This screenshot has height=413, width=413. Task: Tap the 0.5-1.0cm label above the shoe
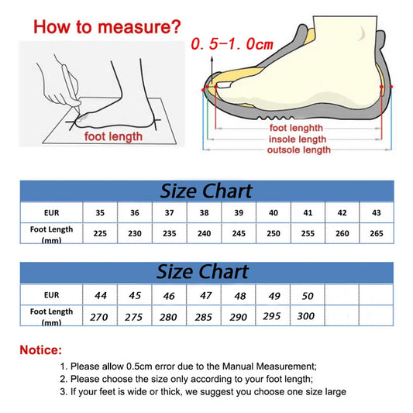(x=232, y=43)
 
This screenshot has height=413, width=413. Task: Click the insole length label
(x=298, y=138)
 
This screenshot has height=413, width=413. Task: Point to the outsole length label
(x=298, y=149)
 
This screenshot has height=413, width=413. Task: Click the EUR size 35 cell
(x=100, y=212)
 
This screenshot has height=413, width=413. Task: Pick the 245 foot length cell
(x=239, y=232)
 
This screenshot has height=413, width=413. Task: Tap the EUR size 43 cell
(x=377, y=212)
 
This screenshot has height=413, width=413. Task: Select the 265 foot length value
(x=377, y=232)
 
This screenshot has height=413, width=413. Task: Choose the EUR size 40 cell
(x=274, y=212)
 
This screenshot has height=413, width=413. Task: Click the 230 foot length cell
(x=134, y=232)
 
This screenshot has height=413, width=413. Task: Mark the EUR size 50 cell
(x=308, y=294)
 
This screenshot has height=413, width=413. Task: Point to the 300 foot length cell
(x=308, y=317)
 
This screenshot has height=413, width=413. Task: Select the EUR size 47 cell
(x=205, y=294)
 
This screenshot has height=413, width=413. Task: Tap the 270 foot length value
(x=100, y=317)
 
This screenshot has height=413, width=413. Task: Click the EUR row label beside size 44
(x=51, y=295)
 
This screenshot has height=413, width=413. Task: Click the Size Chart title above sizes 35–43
(x=205, y=191)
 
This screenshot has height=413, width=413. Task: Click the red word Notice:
(x=40, y=349)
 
